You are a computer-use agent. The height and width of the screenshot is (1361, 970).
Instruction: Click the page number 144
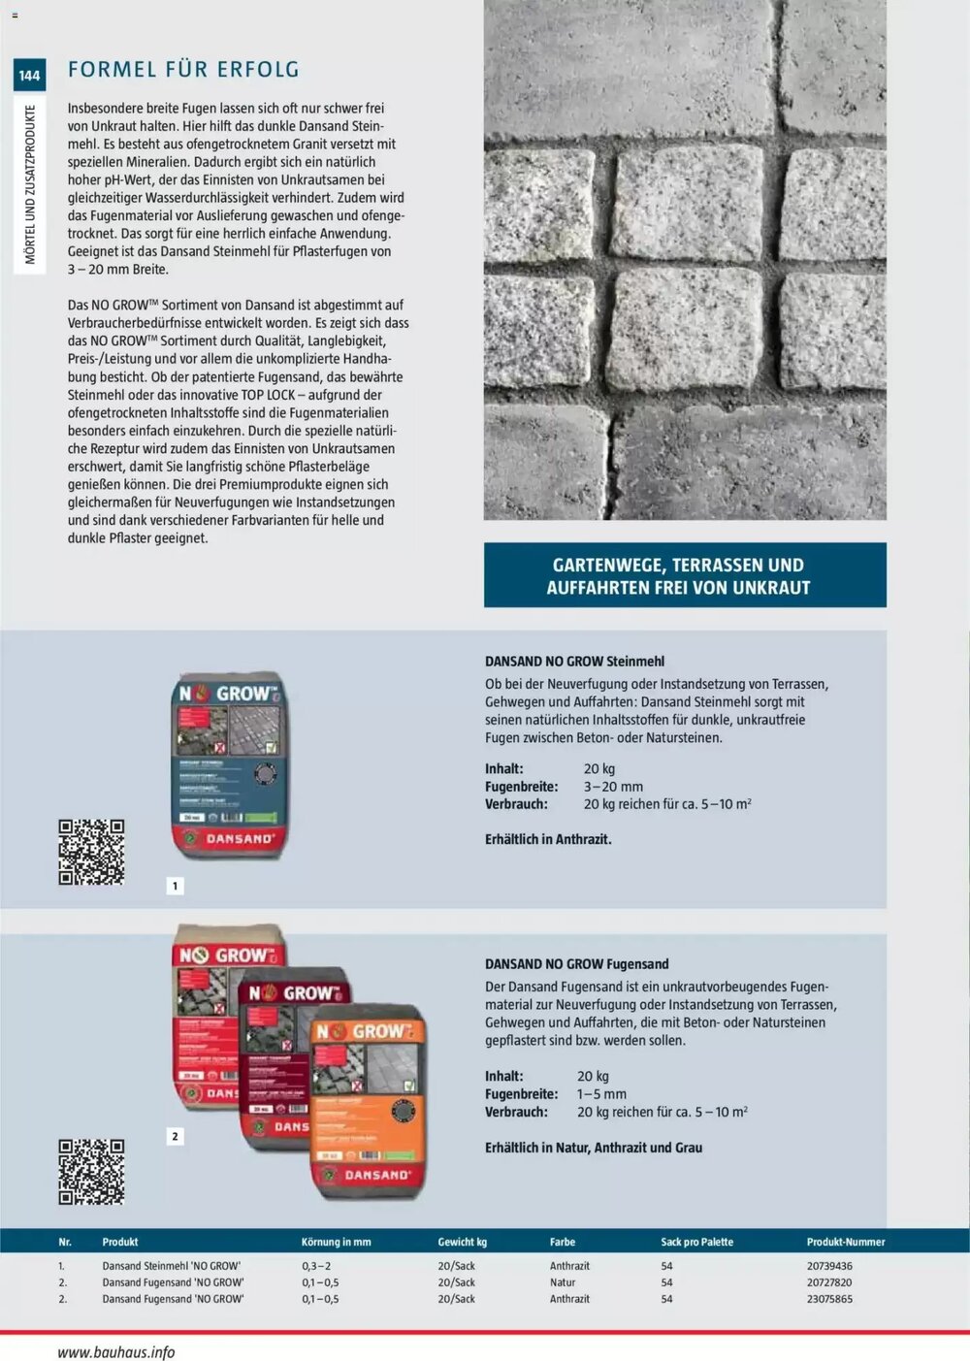point(29,75)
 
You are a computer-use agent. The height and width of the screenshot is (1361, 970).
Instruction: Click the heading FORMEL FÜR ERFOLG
point(183,70)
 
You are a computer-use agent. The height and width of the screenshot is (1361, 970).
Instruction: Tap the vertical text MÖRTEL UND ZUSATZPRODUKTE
point(30,184)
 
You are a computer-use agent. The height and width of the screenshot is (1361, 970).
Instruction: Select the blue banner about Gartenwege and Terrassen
point(685,575)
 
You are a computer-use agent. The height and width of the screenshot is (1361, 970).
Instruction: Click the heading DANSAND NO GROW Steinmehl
point(574,662)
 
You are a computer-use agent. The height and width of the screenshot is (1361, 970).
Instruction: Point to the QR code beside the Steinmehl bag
point(91,852)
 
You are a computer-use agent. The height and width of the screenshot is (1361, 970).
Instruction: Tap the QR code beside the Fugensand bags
point(91,1172)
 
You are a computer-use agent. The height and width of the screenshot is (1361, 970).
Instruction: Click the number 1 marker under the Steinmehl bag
point(176,886)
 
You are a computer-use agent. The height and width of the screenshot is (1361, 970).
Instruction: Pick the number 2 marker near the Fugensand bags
point(176,1136)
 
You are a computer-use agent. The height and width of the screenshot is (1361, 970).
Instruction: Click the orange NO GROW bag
point(369,1106)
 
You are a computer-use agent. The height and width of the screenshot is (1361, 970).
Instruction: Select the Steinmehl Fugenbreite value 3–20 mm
point(613,787)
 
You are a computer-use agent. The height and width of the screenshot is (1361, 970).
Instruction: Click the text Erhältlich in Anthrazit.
point(548,839)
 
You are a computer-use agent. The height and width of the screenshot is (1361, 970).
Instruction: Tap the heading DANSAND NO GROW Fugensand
point(576,964)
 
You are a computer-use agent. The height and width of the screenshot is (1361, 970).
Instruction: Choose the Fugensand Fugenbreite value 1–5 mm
point(601,1094)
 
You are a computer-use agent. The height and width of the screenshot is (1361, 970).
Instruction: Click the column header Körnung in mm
point(336,1242)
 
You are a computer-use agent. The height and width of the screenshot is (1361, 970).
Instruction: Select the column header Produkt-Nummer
point(845,1242)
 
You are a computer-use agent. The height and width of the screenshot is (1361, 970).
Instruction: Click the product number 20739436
point(829,1266)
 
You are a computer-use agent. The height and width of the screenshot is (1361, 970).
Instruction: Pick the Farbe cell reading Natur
point(563,1282)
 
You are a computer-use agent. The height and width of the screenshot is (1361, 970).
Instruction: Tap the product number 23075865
point(829,1299)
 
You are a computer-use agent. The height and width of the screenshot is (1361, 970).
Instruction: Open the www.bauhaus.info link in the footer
point(116,1352)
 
